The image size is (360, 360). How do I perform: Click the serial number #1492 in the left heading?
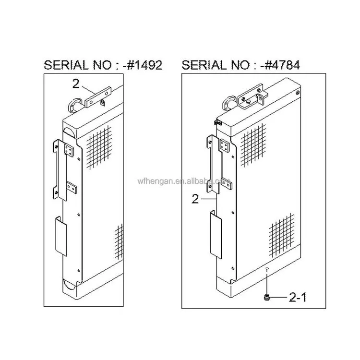coord(144,65)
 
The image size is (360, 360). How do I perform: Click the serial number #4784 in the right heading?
coord(282,65)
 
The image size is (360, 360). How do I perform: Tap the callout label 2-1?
coord(298,297)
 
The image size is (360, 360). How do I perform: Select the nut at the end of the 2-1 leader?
coord(267,298)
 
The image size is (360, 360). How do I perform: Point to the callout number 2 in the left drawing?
coord(76,84)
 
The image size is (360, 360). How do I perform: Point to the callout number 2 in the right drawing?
coord(195,199)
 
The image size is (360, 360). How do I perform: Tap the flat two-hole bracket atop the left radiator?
coord(98,97)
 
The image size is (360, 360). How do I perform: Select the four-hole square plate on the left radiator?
coord(69,150)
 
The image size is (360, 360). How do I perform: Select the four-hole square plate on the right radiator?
coord(224,145)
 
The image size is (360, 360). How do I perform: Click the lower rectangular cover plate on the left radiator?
coord(61,236)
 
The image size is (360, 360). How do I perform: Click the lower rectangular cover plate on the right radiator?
coord(216,235)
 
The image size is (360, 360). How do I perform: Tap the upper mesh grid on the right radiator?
coord(253,145)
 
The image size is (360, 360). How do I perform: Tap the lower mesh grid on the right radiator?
coord(281,235)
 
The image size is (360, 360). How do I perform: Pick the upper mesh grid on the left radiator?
coord(99,147)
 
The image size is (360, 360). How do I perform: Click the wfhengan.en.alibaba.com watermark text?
coord(184,181)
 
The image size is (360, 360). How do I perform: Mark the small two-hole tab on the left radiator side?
coord(72,187)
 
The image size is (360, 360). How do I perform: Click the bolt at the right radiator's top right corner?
coord(298,92)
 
